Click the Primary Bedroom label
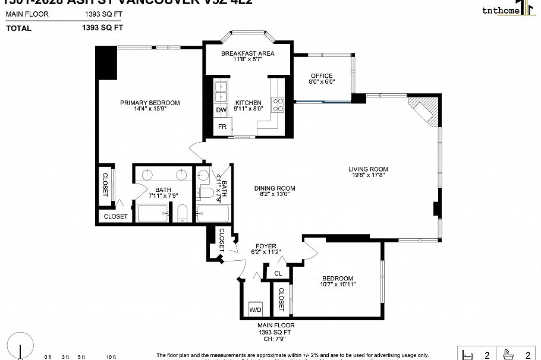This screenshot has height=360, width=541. click(x=150, y=103)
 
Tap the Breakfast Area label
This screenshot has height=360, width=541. click(x=247, y=53)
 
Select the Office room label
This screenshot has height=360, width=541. click(x=321, y=76)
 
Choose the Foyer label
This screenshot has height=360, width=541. click(x=266, y=246)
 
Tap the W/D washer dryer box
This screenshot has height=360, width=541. click(x=255, y=310)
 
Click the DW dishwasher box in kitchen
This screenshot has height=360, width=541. click(x=221, y=110)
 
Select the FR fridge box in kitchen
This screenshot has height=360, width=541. click(x=222, y=127)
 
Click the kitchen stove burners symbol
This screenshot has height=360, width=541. click(x=278, y=105)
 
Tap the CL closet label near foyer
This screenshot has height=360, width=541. click(x=278, y=273)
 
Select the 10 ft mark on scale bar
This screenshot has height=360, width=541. click(x=111, y=356)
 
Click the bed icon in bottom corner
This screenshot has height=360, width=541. click(x=467, y=355)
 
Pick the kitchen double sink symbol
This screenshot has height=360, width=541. click(x=221, y=91)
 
